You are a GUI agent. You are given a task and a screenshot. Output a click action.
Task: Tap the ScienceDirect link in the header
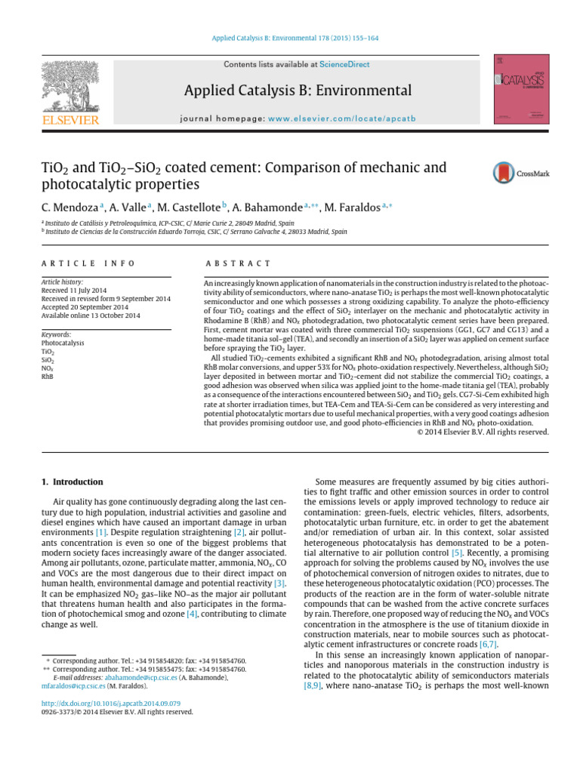pyautogui.click(x=344, y=65)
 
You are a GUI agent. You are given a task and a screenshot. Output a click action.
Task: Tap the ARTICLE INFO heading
pyautogui.click(x=88, y=263)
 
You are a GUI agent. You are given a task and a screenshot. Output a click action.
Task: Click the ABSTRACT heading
pyautogui.click(x=238, y=263)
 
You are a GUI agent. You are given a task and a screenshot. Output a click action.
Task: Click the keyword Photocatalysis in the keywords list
pyautogui.click(x=63, y=342)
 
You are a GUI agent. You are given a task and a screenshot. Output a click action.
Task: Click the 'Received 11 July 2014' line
pyautogui.click(x=75, y=290)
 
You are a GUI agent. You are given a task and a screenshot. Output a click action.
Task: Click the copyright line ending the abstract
pyautogui.click(x=483, y=432)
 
